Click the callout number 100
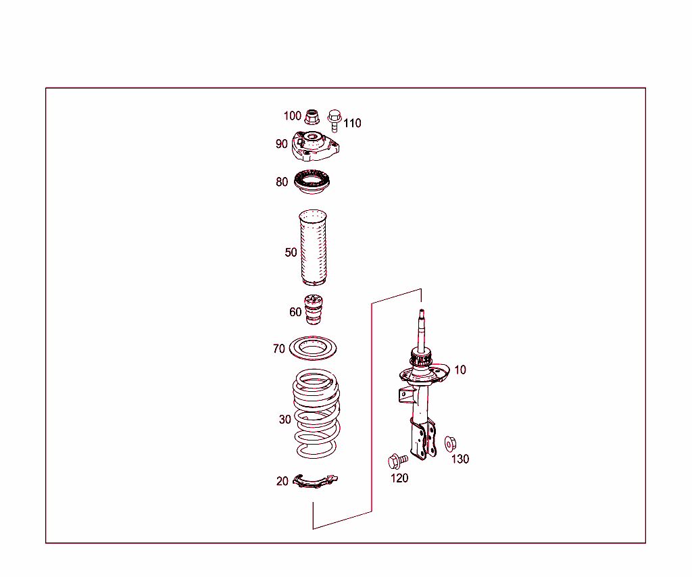[292, 116]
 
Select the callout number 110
[352, 123]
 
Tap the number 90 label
[282, 144]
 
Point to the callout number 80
[282, 182]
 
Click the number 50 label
[291, 253]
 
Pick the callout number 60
[295, 312]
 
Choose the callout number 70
[279, 349]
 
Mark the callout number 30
[285, 420]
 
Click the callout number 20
[282, 482]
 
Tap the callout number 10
[460, 370]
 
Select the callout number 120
[400, 478]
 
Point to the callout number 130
[460, 459]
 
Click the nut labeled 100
[312, 118]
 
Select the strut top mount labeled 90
[314, 147]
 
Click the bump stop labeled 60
[314, 310]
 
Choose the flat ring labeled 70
[314, 349]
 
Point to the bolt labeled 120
[396, 461]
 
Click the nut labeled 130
[451, 444]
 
